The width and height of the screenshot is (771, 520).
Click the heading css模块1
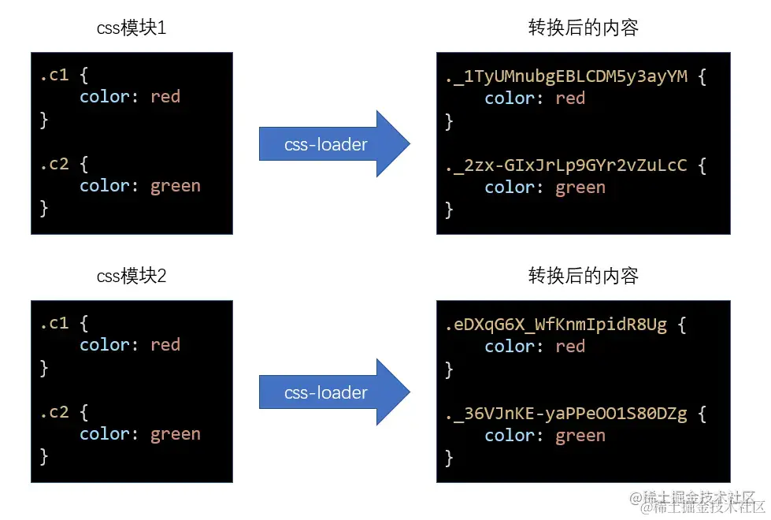pyautogui.click(x=132, y=29)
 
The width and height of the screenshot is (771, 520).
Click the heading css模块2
pyautogui.click(x=132, y=276)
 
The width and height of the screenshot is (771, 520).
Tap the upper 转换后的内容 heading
pyautogui.click(x=583, y=29)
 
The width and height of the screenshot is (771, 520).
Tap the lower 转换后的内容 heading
pyautogui.click(x=583, y=276)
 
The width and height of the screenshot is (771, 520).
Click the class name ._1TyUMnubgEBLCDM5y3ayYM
pyautogui.click(x=566, y=76)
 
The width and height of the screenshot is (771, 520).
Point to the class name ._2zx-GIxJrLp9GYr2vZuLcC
pyautogui.click(x=566, y=165)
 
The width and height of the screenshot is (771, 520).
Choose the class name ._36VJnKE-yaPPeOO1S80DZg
pyautogui.click(x=566, y=414)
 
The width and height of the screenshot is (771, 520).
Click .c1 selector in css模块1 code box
pyautogui.click(x=54, y=76)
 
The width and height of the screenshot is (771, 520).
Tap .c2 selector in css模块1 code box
pyautogui.click(x=54, y=164)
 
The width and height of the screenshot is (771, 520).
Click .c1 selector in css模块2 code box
pyautogui.click(x=54, y=323)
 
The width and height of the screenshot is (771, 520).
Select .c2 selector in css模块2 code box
pyautogui.click(x=54, y=412)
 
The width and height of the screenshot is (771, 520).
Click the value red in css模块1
pyautogui.click(x=165, y=97)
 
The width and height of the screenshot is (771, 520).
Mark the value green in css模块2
pyautogui.click(x=176, y=434)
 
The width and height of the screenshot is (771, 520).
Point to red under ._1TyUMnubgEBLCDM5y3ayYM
pyautogui.click(x=570, y=98)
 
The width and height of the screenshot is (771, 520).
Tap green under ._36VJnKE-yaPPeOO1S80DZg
pyautogui.click(x=580, y=436)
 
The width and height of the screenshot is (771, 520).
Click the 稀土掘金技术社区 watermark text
pyautogui.click(x=697, y=502)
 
